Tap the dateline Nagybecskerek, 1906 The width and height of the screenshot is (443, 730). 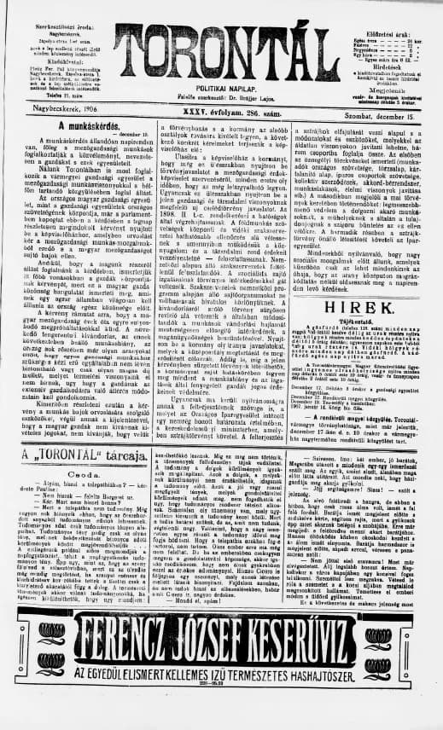[48, 108]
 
